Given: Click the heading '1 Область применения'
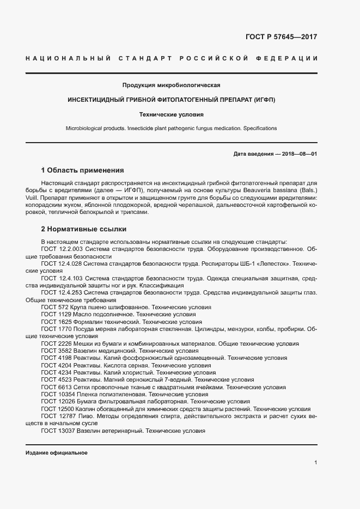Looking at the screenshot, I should point(83,170).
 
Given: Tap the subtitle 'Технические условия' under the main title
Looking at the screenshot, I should point(171,115).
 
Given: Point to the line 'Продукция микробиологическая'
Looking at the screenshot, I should point(171,85).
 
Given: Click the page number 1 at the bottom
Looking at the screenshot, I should point(316,463).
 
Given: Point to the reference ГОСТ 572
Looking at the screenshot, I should point(55,308).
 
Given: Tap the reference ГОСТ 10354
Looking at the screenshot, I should point(58,394).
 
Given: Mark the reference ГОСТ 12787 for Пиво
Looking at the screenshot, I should point(58,415).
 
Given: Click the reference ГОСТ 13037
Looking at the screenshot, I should point(58,431).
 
